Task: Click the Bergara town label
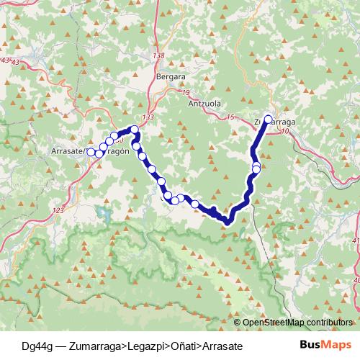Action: pos(171,75)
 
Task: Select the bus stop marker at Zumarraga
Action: pos(269,120)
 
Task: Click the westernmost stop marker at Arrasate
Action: pos(91,152)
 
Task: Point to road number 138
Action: pos(160,55)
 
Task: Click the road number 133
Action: pos(148,117)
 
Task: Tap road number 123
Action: pos(58,210)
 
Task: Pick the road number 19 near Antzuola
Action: pos(185,93)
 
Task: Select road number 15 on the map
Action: pos(230,117)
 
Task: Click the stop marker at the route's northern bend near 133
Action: pos(135,130)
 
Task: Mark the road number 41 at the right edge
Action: pos(356,240)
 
